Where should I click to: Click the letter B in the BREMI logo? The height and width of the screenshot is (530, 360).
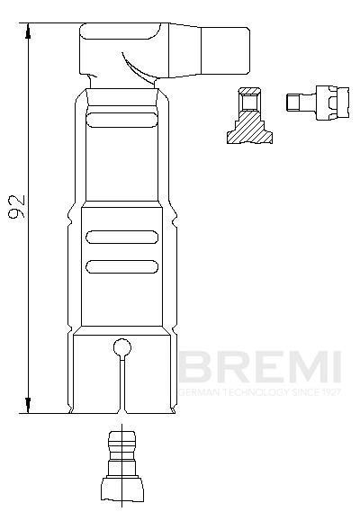click(193, 367)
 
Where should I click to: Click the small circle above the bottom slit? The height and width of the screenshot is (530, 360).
click(121, 347)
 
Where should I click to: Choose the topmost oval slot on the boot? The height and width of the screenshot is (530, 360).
click(120, 120)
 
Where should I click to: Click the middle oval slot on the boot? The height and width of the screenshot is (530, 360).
click(120, 238)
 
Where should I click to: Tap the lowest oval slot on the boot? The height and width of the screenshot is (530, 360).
click(120, 265)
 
